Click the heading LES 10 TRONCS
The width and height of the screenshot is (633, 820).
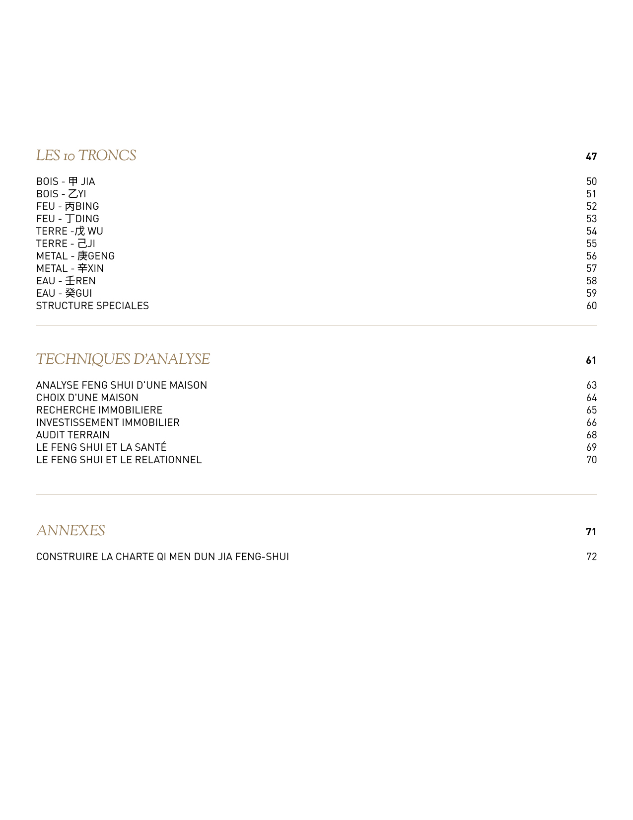tap(86, 156)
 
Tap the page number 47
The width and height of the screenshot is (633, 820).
tap(591, 157)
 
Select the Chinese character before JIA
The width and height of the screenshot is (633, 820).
tap(73, 181)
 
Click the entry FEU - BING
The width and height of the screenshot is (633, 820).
tap(68, 206)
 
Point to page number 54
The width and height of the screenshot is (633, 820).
tap(591, 231)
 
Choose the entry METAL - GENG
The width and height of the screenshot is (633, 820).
tap(75, 256)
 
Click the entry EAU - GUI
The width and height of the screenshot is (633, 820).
tap(64, 293)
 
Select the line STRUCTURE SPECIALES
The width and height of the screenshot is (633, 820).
tap(92, 306)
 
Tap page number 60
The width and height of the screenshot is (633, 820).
tap(591, 306)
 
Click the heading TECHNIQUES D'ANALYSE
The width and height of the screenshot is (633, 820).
tap(123, 359)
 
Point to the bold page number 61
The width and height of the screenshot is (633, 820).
tap(591, 360)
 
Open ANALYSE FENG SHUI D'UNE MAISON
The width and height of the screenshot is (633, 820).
tap(122, 385)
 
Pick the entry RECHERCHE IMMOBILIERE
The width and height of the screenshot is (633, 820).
tap(99, 410)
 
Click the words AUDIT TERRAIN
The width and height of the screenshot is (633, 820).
tap(72, 435)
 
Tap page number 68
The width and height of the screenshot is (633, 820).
tap(591, 435)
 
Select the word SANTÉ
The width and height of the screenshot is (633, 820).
tap(150, 447)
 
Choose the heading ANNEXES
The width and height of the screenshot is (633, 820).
tap(70, 531)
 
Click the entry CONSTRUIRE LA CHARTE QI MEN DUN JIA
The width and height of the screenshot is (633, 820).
tap(162, 557)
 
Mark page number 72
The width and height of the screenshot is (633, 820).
tap(591, 557)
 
